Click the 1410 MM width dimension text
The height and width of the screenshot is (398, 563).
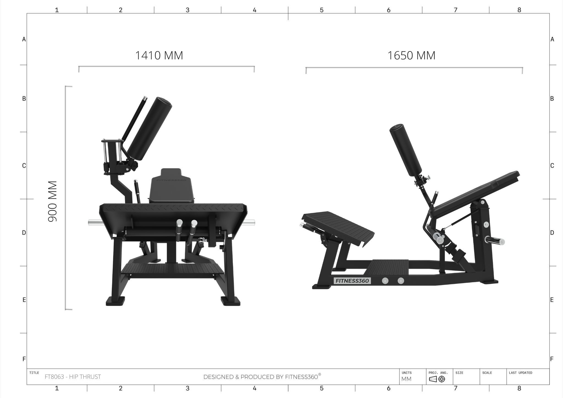click(x=159, y=56)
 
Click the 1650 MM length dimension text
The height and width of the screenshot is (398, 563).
click(x=411, y=56)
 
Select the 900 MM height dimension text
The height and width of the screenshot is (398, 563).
click(x=52, y=201)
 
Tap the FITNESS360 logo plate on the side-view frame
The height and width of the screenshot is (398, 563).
click(x=352, y=281)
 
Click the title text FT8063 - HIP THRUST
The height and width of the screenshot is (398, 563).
click(x=73, y=377)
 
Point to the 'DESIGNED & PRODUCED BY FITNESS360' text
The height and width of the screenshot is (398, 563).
click(x=262, y=377)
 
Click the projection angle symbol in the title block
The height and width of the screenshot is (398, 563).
click(x=437, y=379)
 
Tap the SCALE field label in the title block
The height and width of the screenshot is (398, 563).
click(x=487, y=373)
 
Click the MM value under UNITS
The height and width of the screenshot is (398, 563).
click(x=407, y=379)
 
